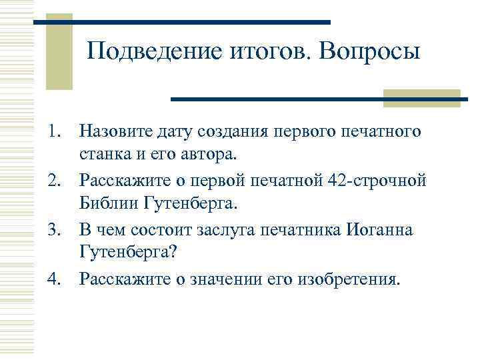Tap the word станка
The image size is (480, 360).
[101, 155]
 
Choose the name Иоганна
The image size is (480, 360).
[379, 230]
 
